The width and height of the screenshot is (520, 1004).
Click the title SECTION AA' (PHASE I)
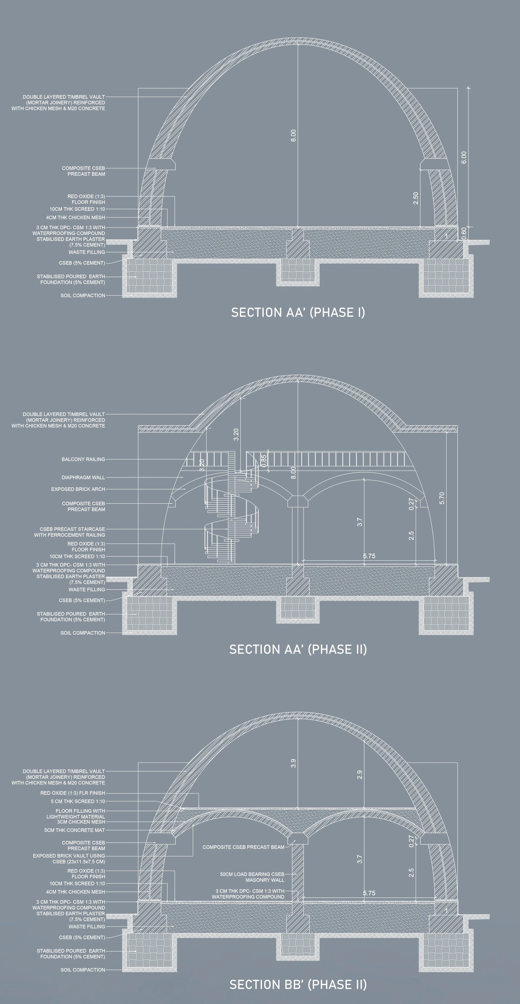pyautogui.click(x=298, y=313)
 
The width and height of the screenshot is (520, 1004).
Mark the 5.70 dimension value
pyautogui.click(x=442, y=498)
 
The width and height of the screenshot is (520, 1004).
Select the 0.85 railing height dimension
pyautogui.click(x=264, y=461)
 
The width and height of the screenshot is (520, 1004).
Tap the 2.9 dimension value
pyautogui.click(x=360, y=775)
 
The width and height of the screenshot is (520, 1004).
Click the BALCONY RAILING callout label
pyautogui.click(x=83, y=459)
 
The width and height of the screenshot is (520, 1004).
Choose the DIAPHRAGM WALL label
pyautogui.click(x=83, y=477)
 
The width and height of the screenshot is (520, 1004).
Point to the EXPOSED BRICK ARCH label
pyautogui.click(x=78, y=489)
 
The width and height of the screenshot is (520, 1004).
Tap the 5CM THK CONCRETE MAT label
pyautogui.click(x=74, y=830)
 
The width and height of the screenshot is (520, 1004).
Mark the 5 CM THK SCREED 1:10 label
pyautogui.click(x=78, y=801)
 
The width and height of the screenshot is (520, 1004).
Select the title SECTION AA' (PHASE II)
pyautogui.click(x=298, y=649)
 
